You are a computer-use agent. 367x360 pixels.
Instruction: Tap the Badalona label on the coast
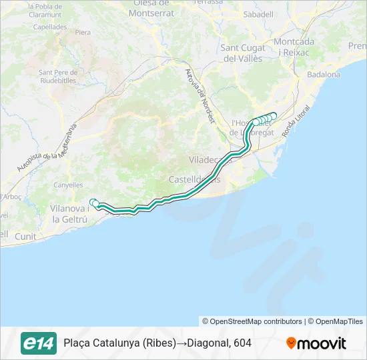click(324, 74)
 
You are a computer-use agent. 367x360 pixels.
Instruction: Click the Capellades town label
click(49, 27)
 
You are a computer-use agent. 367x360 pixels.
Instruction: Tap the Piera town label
click(83, 32)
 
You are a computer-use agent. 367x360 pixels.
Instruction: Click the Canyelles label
click(68, 185)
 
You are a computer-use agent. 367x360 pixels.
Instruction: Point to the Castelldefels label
click(194, 179)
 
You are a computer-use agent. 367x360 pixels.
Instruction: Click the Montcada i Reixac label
click(294, 46)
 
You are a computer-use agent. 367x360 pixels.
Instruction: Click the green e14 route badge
click(39, 343)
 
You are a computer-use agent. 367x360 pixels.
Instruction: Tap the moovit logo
click(316, 343)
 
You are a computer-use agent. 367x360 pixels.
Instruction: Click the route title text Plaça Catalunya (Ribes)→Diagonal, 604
click(157, 343)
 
